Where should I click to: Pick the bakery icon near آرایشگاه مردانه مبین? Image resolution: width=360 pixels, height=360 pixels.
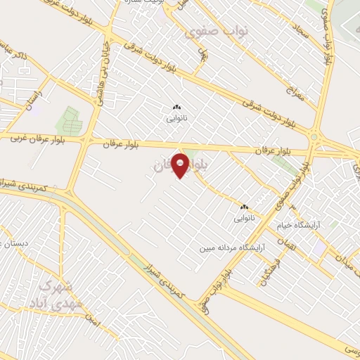pyautogui.click(x=245, y=207)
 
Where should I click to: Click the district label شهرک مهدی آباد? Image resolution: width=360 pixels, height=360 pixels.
pyautogui.click(x=49, y=295)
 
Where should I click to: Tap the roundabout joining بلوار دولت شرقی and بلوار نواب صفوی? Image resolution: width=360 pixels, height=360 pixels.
pyautogui.click(x=314, y=136)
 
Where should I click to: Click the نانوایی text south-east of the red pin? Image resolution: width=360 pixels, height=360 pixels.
pyautogui.click(x=245, y=219)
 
